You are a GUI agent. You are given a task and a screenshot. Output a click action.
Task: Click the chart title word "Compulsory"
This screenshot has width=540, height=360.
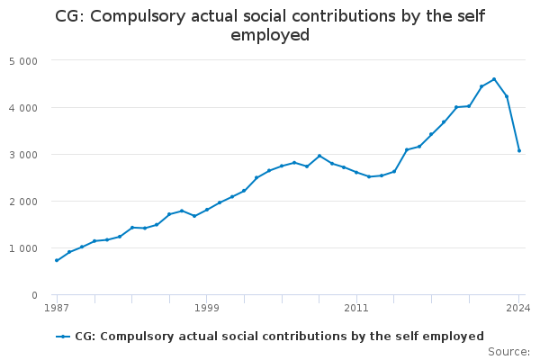point(138,16)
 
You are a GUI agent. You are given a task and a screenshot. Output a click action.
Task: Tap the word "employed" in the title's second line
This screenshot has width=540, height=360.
point(270,35)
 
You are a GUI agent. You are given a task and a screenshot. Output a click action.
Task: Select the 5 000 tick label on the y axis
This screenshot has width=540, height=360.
point(23,61)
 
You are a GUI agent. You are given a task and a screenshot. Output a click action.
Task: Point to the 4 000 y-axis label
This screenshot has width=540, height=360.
point(23,108)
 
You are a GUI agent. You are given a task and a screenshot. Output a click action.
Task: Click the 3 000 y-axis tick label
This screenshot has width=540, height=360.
point(23,155)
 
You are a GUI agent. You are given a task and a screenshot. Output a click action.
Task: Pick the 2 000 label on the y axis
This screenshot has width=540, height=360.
point(23,202)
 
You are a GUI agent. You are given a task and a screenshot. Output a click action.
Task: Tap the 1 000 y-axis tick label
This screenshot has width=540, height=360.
point(23,248)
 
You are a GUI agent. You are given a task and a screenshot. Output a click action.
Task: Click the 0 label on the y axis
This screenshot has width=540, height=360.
point(34,295)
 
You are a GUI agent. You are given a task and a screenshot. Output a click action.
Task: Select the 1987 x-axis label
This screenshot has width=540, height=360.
point(57,308)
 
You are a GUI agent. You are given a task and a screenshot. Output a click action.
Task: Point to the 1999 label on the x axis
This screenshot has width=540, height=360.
point(207,308)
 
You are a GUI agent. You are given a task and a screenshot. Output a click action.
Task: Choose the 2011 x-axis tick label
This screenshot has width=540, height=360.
point(356,308)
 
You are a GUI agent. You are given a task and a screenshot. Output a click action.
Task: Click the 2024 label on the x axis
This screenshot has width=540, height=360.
point(518,308)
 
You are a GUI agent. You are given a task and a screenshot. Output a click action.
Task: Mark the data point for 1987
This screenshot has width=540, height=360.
point(57,260)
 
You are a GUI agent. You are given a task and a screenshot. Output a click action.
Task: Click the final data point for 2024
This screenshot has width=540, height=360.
point(519,151)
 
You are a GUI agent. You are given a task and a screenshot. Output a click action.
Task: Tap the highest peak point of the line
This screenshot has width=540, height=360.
point(494,79)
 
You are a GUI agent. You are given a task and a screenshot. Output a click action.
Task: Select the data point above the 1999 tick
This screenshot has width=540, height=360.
point(207,210)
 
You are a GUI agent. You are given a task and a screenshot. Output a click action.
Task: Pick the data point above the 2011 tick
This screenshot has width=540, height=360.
point(356,172)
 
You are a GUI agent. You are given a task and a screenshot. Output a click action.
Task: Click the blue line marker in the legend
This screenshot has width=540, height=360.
point(63,337)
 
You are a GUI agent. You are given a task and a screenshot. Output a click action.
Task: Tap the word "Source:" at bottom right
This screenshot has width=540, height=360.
point(509,352)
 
